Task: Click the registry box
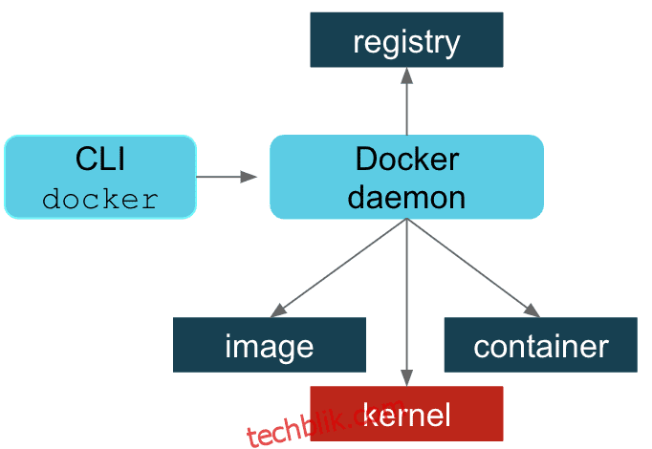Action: click(x=406, y=39)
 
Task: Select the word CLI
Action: click(x=100, y=159)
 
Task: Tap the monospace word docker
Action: click(x=100, y=200)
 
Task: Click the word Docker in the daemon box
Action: click(x=407, y=160)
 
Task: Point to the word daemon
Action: click(x=406, y=198)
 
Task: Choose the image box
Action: click(x=270, y=345)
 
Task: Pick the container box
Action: click(x=540, y=345)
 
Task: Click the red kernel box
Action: click(x=406, y=414)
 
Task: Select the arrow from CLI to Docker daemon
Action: click(x=227, y=177)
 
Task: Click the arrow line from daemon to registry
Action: click(x=406, y=101)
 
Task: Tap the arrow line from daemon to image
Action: click(x=338, y=267)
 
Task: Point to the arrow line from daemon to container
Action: click(x=473, y=267)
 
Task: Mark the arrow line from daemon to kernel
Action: click(x=406, y=303)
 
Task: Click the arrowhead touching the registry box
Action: click(x=406, y=75)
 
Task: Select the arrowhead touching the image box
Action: click(x=278, y=310)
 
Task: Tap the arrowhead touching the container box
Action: click(x=532, y=310)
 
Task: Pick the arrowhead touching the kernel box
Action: click(x=406, y=378)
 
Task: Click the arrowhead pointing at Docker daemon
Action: click(x=249, y=177)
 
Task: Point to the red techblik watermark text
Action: click(x=325, y=422)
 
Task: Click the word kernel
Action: click(x=406, y=414)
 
